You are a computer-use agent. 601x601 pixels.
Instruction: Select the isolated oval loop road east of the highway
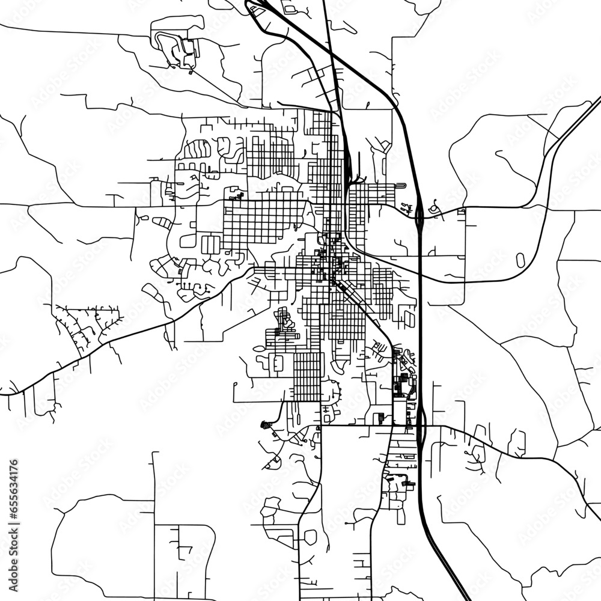(520, 260)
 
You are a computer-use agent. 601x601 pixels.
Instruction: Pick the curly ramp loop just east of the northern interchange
(434, 209)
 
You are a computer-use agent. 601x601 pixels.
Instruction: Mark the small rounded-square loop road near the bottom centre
(310, 537)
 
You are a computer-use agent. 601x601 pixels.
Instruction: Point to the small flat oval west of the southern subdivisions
(260, 348)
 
